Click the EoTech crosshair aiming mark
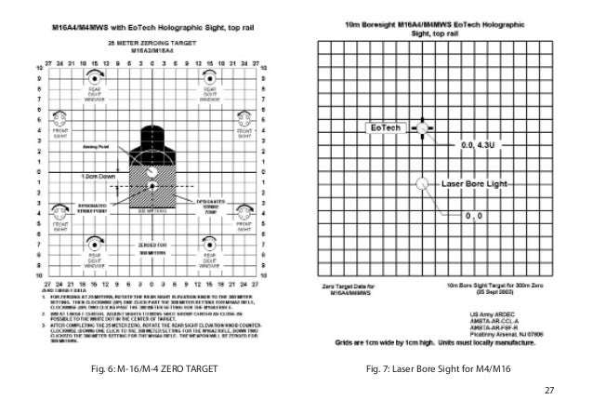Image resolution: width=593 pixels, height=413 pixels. [423, 127]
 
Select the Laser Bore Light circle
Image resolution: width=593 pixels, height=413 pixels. [423, 183]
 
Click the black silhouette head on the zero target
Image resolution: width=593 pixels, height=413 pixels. [153, 139]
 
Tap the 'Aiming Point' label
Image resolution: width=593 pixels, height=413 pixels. [96, 147]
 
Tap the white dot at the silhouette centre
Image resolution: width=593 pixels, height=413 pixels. [154, 188]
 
